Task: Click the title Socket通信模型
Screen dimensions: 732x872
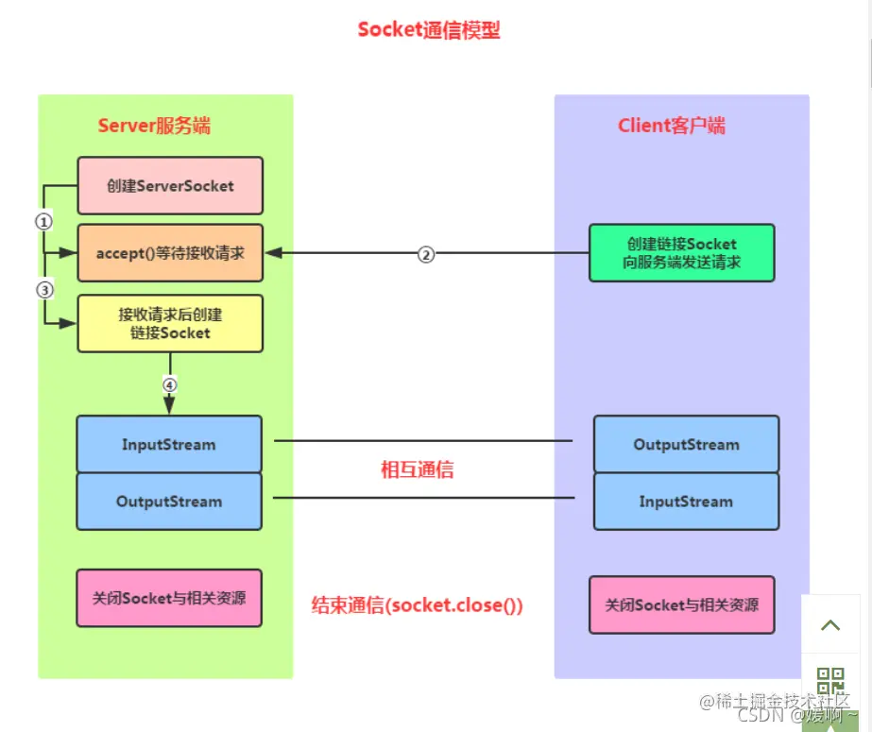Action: click(x=429, y=30)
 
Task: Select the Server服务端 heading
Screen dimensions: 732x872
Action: click(x=154, y=127)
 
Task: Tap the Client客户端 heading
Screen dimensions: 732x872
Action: click(x=672, y=127)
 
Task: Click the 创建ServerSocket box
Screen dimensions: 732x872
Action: click(x=170, y=186)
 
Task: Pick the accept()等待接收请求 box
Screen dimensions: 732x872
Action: click(x=170, y=253)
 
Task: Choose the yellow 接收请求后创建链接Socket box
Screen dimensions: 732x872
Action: click(x=170, y=323)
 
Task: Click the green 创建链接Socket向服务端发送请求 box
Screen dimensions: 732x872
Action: click(x=680, y=253)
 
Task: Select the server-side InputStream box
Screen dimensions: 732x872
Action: click(x=169, y=444)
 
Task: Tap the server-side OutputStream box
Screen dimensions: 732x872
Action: click(x=169, y=502)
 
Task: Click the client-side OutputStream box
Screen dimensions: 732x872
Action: click(x=686, y=444)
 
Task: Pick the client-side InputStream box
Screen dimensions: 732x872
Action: click(x=686, y=502)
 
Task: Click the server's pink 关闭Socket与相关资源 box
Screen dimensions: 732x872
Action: click(x=169, y=598)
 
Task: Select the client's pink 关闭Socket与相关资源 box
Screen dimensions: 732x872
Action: click(x=681, y=604)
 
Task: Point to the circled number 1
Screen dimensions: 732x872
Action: click(x=43, y=221)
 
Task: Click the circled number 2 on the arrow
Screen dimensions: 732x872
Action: click(x=426, y=254)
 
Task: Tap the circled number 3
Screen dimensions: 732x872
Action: click(x=43, y=290)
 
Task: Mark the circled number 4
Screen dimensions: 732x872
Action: click(x=170, y=384)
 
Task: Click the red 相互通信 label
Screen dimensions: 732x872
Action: click(x=417, y=469)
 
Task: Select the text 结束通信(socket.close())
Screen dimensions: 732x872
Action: click(x=417, y=605)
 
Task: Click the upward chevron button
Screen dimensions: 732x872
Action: click(x=830, y=625)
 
